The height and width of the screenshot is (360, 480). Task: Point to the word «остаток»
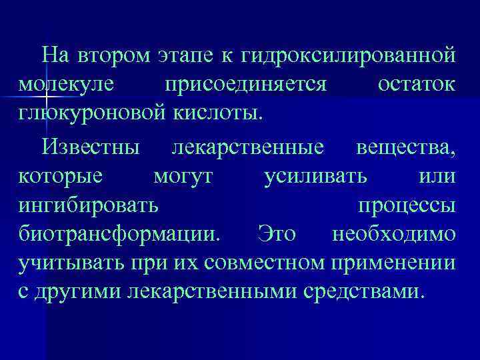[417, 85]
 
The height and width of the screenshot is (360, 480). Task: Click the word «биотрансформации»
[118, 235]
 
